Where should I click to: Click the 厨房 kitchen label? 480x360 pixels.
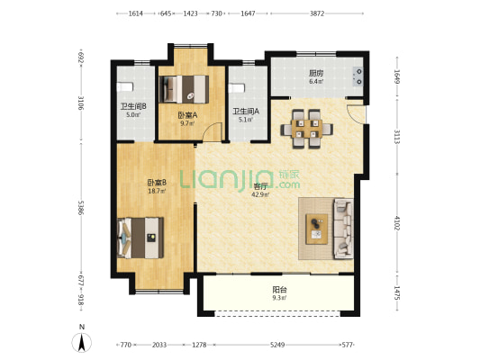316,74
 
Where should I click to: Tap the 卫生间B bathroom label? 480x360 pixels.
133,107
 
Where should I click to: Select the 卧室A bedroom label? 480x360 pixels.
187,115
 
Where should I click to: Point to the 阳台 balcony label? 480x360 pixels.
279,289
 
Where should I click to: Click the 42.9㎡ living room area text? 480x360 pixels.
260,194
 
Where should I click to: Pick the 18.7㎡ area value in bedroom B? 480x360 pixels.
157,191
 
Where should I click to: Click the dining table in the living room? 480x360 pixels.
307,129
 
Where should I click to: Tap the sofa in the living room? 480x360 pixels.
343,229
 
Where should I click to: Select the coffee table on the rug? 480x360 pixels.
317,229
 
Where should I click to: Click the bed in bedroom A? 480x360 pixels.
184,89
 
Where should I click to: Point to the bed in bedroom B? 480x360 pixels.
140,238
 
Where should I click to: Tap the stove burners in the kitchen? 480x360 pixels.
358,76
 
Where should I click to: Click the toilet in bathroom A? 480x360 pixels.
237,88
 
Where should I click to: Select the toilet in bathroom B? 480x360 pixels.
125,87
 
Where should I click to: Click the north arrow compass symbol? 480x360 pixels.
82,343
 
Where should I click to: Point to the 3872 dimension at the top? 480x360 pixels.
317,13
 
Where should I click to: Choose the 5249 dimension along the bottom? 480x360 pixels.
277,345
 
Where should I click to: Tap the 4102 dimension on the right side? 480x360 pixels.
397,223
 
